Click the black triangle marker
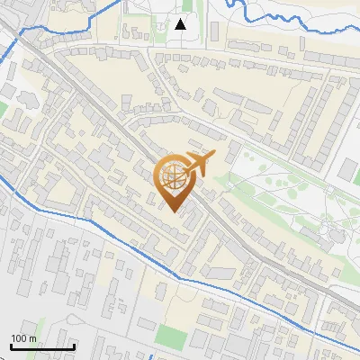pyautogui.click(x=181, y=24)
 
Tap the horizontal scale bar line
pyautogui.click(x=42, y=346)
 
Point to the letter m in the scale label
pyautogui.click(x=33, y=338)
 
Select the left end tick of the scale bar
pyautogui.click(x=11, y=345)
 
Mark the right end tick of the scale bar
pyautogui.click(x=74, y=345)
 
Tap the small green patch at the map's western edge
pyautogui.click(x=4, y=109)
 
